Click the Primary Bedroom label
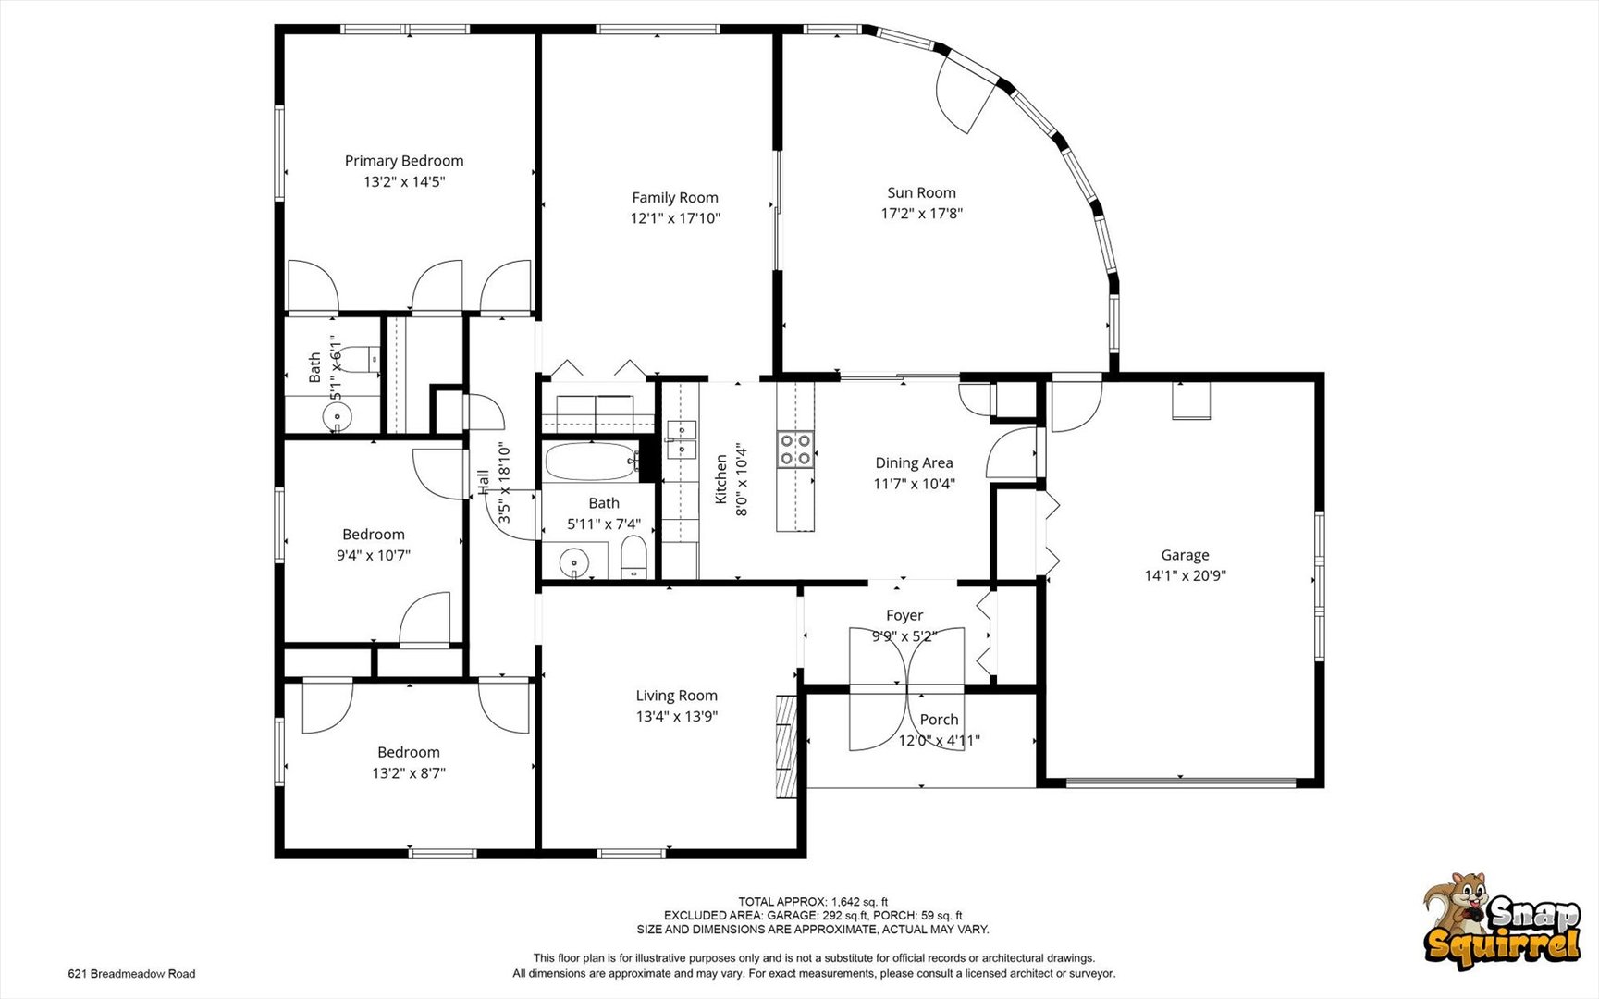404,161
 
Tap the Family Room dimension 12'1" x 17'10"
675,218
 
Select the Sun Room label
921,192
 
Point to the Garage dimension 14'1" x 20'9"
1186,575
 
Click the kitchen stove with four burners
795,450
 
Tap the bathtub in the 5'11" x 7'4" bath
590,461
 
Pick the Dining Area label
914,462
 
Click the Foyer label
904,615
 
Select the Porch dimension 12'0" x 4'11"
940,740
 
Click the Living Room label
676,696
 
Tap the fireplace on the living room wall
785,746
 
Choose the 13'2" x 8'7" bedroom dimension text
409,773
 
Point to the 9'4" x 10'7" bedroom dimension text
374,555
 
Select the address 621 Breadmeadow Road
131,973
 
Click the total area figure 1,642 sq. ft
859,902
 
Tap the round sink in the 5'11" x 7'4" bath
575,561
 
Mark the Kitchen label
720,479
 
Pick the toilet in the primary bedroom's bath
373,358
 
